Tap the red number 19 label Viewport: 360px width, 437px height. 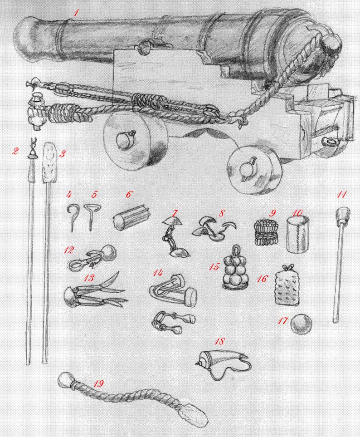point(98,384)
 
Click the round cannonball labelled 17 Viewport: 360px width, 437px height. point(301,324)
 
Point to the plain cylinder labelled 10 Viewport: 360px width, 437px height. point(297,235)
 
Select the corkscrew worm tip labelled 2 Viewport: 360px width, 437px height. point(32,148)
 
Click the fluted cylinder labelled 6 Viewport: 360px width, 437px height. point(131,218)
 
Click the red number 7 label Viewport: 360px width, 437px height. point(175,213)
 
